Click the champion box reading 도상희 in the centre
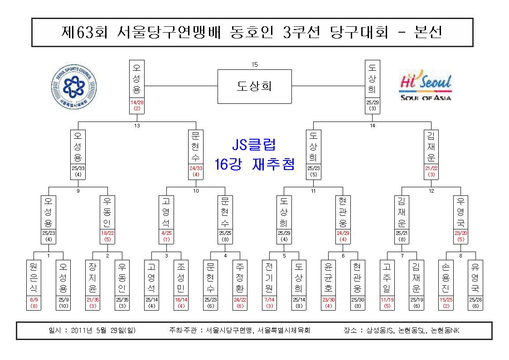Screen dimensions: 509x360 coord(255,86)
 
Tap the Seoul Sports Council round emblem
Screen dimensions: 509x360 coord(74,87)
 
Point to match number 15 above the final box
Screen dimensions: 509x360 coord(255,64)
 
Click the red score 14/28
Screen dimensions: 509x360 coord(137,102)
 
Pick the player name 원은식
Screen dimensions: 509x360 coord(34,277)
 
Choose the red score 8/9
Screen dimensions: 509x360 coord(34,300)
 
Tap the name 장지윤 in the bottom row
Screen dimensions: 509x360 coord(92,277)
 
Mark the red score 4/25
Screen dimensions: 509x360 coord(166,233)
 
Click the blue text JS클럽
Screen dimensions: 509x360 coord(254,145)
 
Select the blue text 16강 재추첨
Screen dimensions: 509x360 coord(255,164)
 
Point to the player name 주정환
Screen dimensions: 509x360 coord(240,277)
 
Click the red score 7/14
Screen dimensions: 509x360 coord(269,300)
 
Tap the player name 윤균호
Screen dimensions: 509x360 coord(328,277)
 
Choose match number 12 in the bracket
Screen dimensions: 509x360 coord(431,191)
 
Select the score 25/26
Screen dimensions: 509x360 coord(475,300)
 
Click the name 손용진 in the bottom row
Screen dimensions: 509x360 coord(446,277)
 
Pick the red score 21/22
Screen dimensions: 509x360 coord(431,168)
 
